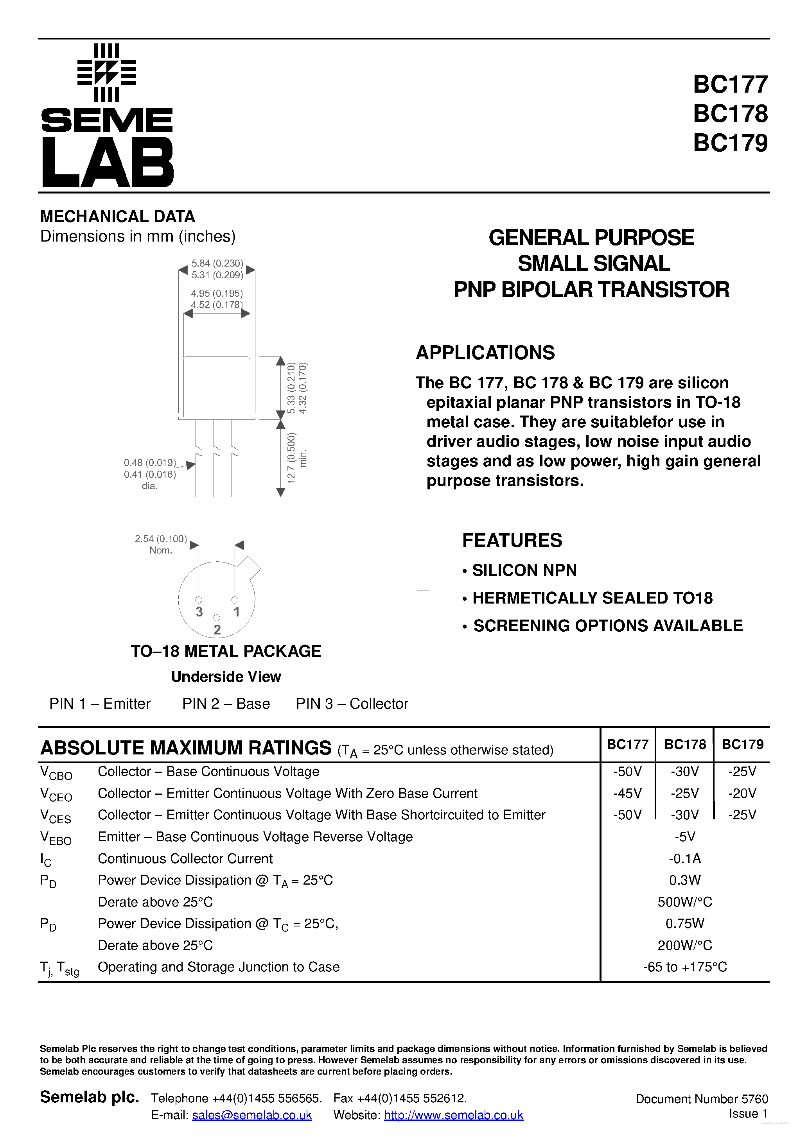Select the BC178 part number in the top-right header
pos(730,113)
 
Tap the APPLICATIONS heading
pos(485,353)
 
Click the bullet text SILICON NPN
pos(524,570)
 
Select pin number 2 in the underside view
pos(217,630)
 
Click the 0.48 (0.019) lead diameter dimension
pos(150,462)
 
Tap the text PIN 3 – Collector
pos(352,703)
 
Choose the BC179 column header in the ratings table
pos(742,744)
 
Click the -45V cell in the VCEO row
pos(627,793)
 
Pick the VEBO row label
pos(56,838)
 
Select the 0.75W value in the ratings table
pos(684,923)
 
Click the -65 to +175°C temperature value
pos(684,967)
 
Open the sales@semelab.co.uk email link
pos(252,1115)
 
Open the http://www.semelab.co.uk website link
pos(453,1115)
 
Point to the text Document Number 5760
pos(701,1099)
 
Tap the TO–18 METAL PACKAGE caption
pos(226,651)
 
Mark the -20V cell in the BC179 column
pos(742,793)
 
